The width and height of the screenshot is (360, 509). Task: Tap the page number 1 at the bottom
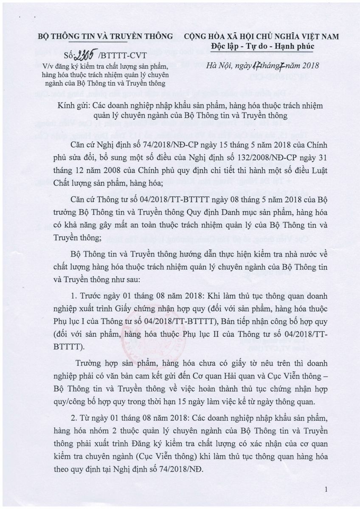(x=326, y=490)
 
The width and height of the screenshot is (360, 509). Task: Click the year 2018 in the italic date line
(x=310, y=65)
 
